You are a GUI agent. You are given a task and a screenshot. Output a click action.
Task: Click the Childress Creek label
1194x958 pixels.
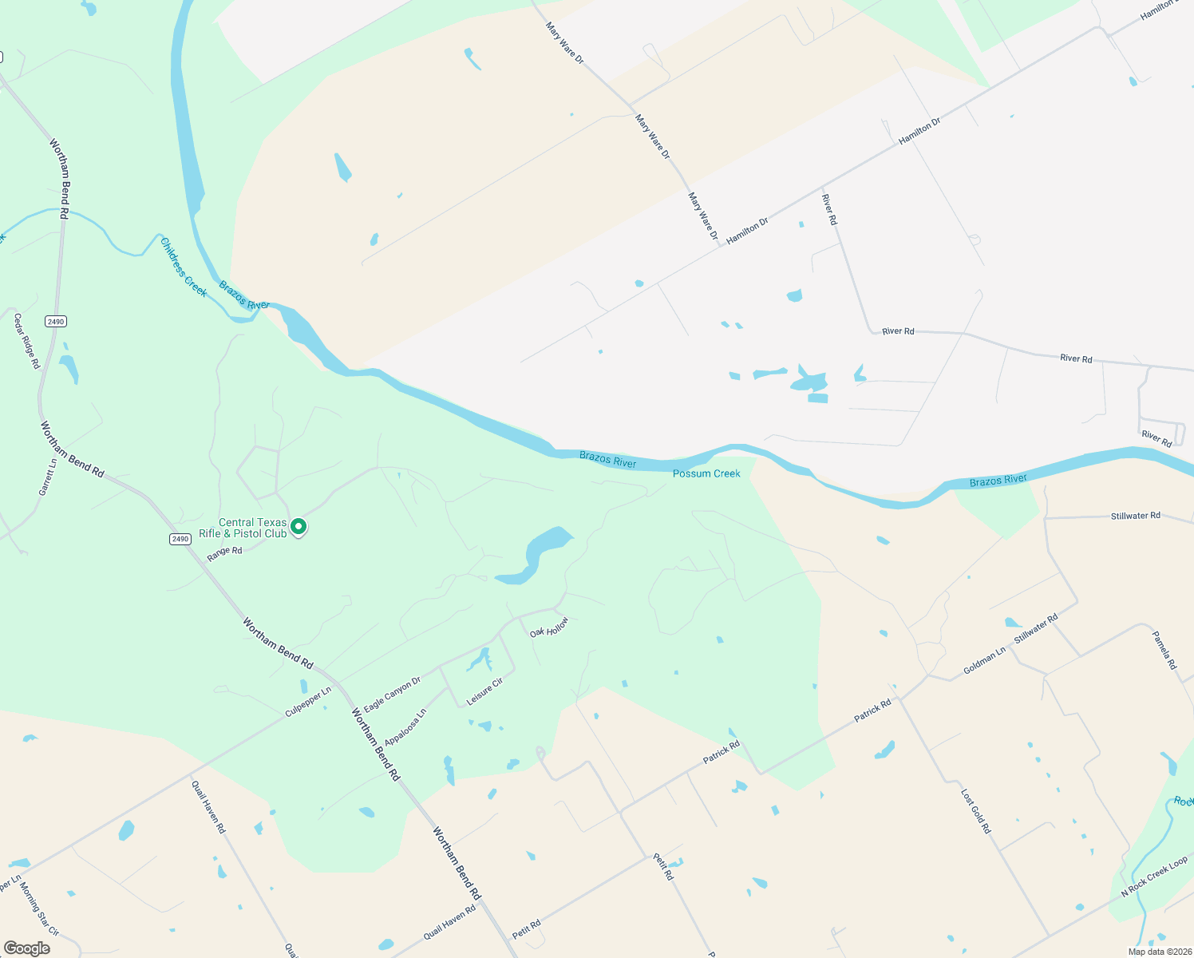pos(184,267)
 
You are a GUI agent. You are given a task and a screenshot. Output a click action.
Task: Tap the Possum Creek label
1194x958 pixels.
pos(706,473)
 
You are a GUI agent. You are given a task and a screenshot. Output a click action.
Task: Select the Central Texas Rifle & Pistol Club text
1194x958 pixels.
pos(243,528)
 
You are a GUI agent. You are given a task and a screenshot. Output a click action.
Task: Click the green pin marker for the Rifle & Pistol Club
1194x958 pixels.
pos(298,526)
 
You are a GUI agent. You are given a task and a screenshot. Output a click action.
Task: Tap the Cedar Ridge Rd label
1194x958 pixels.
pos(26,341)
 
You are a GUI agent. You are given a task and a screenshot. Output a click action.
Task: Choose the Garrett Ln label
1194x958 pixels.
pos(48,477)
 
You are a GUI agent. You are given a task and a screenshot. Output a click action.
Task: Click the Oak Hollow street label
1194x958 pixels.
pos(550,627)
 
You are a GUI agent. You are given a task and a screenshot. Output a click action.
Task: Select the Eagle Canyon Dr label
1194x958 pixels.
pos(392,695)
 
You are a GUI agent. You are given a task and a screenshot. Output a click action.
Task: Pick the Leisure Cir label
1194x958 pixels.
pos(484,691)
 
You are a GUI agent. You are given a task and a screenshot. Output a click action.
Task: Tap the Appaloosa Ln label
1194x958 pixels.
pos(405,726)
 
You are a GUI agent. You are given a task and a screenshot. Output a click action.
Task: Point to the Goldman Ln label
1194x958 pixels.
pos(984,661)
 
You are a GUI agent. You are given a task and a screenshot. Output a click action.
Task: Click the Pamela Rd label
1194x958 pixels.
pos(1164,650)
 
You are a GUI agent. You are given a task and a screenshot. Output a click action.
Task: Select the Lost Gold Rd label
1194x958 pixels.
pos(975,812)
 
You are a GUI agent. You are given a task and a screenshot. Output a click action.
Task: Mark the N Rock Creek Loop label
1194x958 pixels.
pos(1154,877)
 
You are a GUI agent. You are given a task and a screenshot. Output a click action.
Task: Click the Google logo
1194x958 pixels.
pos(26,948)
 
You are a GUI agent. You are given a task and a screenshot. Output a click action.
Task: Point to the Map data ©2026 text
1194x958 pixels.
pos(1158,952)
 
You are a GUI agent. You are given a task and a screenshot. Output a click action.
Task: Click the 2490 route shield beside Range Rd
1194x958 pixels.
pos(180,539)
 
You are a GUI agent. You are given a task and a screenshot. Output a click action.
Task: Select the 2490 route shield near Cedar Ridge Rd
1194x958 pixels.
pos(55,321)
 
